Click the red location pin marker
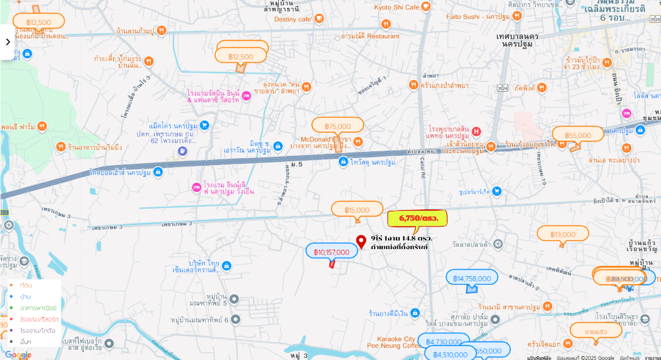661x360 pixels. pyautogui.click(x=361, y=242)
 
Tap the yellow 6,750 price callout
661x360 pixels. pyautogui.click(x=417, y=217)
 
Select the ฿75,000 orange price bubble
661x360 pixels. pyautogui.click(x=338, y=126)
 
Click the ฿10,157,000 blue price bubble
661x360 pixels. pyautogui.click(x=331, y=252)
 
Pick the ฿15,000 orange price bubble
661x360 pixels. pyautogui.click(x=357, y=210)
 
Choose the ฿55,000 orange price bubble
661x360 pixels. pyautogui.click(x=578, y=135)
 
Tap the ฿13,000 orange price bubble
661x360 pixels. pyautogui.click(x=563, y=234)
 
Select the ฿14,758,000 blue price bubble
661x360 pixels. pyautogui.click(x=472, y=278)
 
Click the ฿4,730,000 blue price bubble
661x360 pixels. pyautogui.click(x=444, y=342)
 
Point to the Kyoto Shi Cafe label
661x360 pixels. pyautogui.click(x=397, y=7)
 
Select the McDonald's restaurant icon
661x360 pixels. pyautogui.click(x=358, y=141)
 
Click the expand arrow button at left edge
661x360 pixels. pyautogui.click(x=8, y=42)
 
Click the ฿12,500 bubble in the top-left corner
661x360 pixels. pyautogui.click(x=39, y=22)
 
